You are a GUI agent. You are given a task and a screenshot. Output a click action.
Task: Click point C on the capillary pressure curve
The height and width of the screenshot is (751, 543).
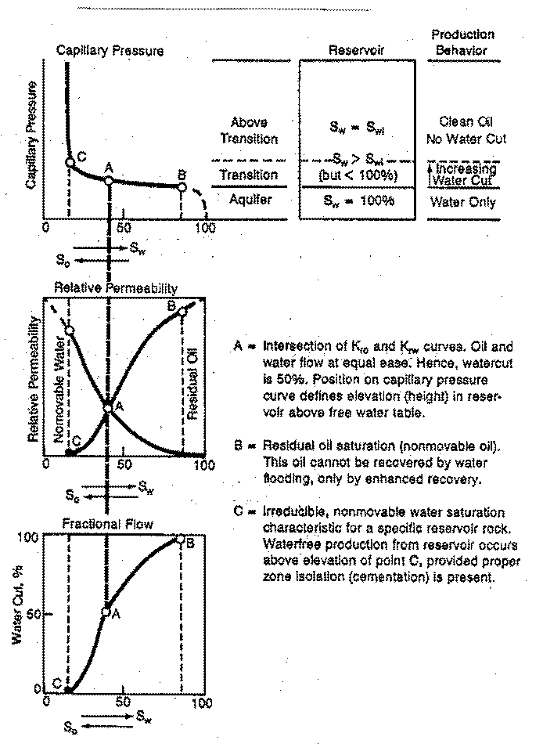coord(70,162)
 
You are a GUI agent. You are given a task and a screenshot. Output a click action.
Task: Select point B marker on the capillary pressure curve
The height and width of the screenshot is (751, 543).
coord(182,187)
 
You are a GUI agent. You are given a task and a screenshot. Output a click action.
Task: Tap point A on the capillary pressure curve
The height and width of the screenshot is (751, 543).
coord(109,181)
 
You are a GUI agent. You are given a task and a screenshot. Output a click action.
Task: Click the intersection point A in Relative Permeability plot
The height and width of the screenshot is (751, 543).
coord(108,407)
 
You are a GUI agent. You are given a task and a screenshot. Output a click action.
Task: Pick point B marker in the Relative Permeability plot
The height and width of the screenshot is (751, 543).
coord(182,312)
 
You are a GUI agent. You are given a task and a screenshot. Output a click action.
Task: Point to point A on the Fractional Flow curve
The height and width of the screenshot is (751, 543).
coord(106,612)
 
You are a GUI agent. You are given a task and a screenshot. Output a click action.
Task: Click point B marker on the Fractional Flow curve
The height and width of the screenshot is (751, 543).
coord(181,539)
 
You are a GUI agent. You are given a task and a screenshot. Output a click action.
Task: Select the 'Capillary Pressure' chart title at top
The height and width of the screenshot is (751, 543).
coord(110,51)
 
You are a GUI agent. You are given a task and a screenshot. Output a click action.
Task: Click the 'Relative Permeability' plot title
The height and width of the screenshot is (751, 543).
coord(116,288)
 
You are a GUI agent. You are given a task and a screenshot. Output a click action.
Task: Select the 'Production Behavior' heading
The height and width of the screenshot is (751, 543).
coord(463,42)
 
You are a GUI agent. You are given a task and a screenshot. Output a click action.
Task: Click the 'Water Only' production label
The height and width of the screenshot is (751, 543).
coord(462,201)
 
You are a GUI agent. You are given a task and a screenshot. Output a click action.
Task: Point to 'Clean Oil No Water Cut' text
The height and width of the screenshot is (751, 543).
coord(462,130)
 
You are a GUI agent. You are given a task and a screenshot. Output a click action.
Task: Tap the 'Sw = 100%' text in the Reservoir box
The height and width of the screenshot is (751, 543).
coord(357,200)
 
